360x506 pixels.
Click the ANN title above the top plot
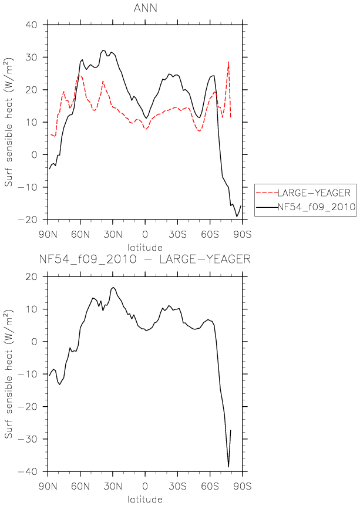pos(145,8)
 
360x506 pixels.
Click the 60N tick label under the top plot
pos(80,234)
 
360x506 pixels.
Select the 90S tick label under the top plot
pos(242,234)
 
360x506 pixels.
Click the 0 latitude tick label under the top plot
pos(145,234)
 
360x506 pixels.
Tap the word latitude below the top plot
pos(145,248)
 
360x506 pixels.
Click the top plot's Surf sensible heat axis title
pos(8,122)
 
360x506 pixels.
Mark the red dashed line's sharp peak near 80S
pos(228,62)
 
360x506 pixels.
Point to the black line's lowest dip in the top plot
pos(237,217)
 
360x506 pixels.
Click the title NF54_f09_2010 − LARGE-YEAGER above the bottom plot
pos(145,259)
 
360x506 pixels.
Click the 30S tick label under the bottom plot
pos(177,486)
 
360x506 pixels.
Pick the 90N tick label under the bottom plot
pos(48,486)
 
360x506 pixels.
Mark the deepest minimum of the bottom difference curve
pos(228,467)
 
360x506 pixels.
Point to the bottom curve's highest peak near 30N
pos(113,287)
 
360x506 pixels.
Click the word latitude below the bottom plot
pos(145,500)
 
